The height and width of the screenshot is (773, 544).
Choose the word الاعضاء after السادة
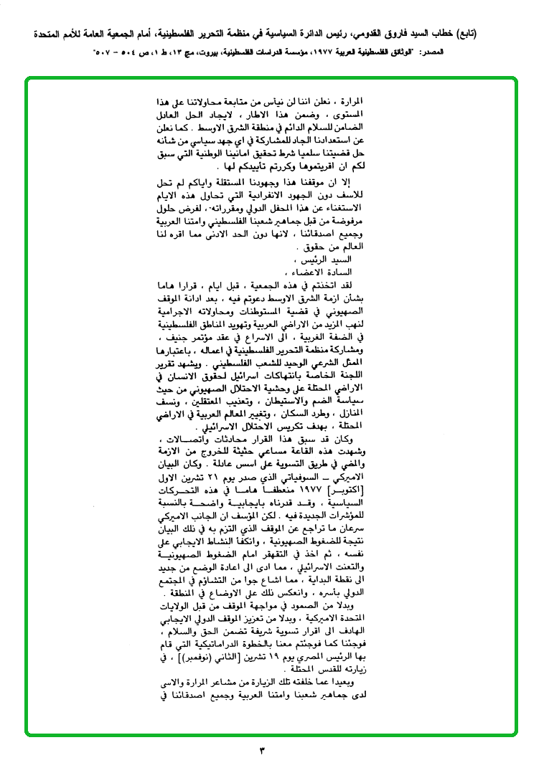pos(306,272)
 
